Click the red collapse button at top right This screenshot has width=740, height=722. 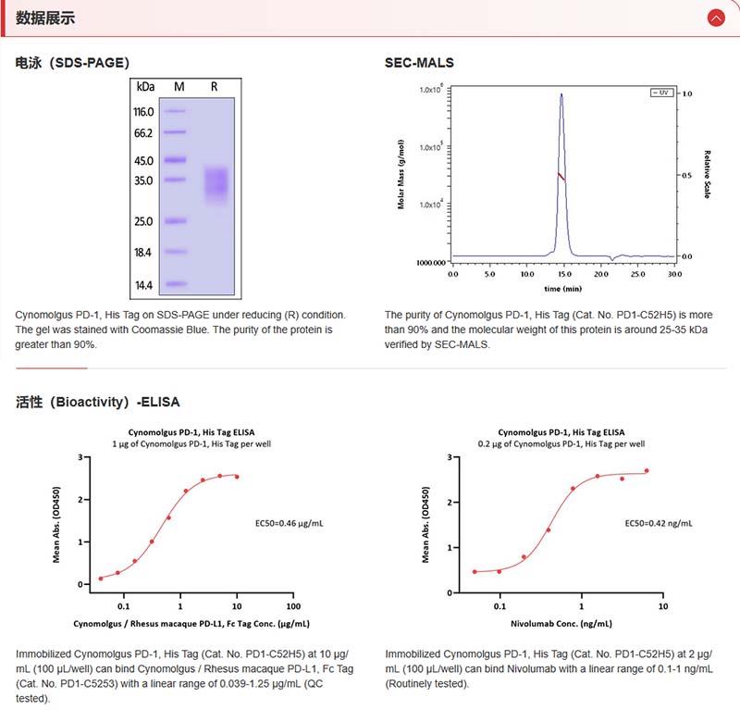coord(715,18)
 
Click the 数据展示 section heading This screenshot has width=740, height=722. coord(45,18)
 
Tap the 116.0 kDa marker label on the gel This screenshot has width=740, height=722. coord(143,112)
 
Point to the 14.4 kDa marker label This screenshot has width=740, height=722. coord(143,285)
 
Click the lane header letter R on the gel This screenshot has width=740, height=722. coord(215,86)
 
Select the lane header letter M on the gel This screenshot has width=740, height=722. coord(179,86)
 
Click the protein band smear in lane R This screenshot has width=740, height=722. coord(216,182)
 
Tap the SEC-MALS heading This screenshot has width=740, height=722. coord(419,63)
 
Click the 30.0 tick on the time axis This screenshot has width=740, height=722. coord(674,275)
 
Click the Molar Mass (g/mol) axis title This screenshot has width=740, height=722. coord(401,174)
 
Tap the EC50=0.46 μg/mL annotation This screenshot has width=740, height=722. coord(290,523)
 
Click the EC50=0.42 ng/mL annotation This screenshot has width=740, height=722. coord(659,523)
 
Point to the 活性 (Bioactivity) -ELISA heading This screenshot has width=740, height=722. coord(98,402)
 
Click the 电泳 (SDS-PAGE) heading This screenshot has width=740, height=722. coord(72,63)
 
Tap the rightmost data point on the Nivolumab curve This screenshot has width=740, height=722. coord(647,470)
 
